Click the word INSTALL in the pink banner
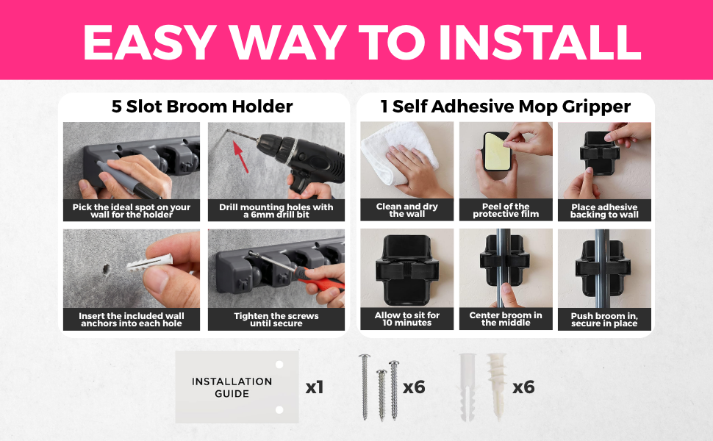[540, 41]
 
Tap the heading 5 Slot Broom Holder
[202, 107]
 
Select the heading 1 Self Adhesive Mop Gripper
[506, 107]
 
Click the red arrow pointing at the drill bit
[240, 157]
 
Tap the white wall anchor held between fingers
[149, 262]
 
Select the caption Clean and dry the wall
[407, 210]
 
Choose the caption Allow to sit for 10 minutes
[407, 319]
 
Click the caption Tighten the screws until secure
[276, 319]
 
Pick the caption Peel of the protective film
[506, 210]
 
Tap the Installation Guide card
[237, 387]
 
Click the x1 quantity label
[315, 387]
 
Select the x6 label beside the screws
[414, 387]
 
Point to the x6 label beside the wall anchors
[523, 387]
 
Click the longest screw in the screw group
[365, 387]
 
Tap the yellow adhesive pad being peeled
[498, 151]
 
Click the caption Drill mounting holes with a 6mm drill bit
[276, 210]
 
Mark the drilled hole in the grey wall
[107, 269]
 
